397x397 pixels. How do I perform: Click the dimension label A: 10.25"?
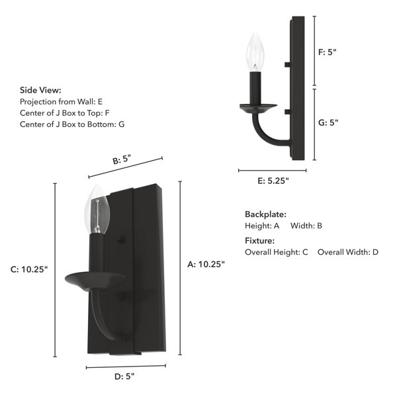(206, 264)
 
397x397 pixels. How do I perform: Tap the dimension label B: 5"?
(122, 159)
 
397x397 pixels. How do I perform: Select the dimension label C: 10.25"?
(29, 269)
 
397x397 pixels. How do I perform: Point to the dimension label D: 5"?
(124, 376)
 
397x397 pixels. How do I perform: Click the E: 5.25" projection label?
(273, 181)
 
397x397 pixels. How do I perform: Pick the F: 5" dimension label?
(327, 52)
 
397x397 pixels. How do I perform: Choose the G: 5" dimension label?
(328, 122)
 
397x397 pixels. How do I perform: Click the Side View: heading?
(40, 90)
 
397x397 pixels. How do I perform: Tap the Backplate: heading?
(265, 214)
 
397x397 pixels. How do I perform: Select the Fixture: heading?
(259, 241)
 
